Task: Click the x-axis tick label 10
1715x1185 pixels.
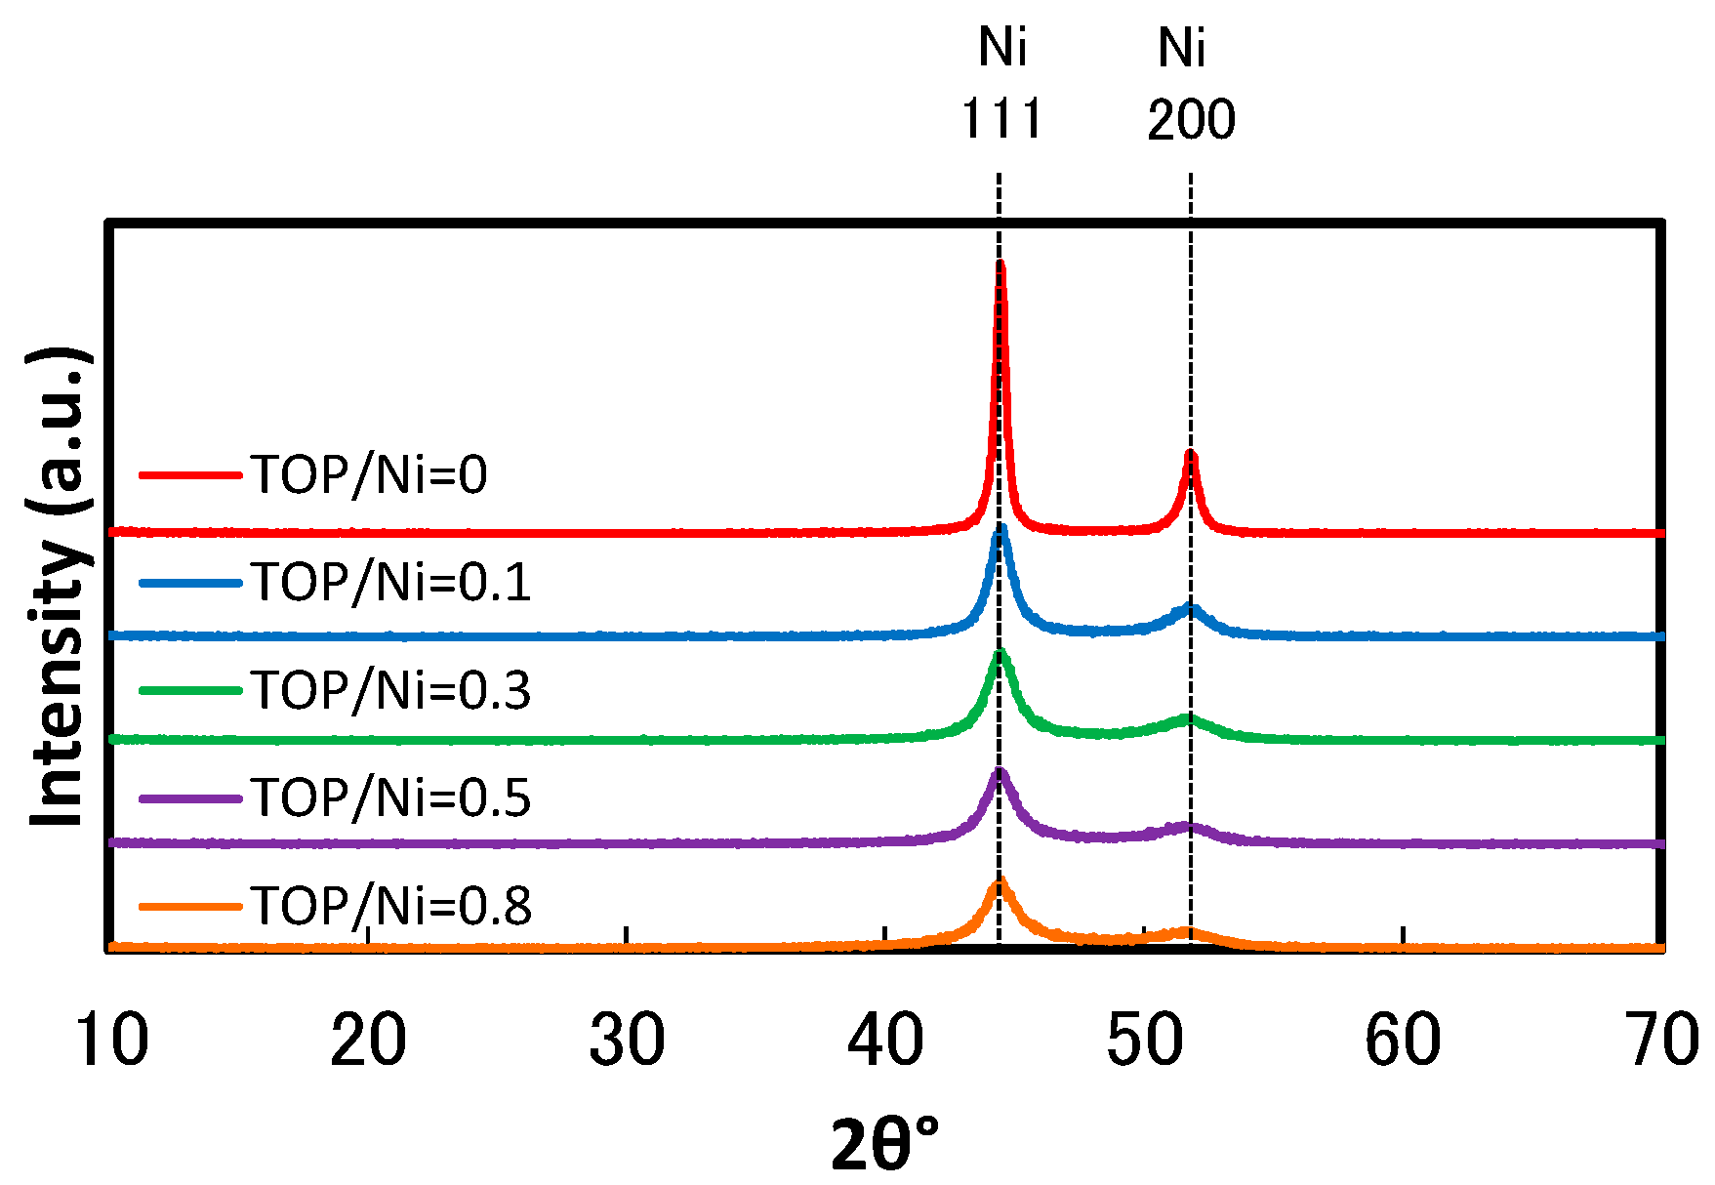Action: (111, 1040)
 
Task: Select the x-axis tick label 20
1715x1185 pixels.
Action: (368, 1040)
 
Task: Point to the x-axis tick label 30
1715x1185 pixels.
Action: (627, 1040)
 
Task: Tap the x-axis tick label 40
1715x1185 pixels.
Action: (885, 1040)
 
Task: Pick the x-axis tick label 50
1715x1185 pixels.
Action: (1144, 1040)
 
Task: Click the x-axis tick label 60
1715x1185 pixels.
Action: (1403, 1040)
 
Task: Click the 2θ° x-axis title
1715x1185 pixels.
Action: (884, 1143)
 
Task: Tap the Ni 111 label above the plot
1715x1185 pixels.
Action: (1002, 83)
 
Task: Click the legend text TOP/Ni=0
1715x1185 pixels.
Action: (370, 475)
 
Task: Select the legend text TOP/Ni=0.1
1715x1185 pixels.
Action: (391, 583)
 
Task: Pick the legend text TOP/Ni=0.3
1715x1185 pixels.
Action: (391, 690)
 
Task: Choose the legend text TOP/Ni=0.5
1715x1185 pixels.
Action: (391, 797)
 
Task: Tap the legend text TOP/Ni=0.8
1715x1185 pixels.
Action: (391, 905)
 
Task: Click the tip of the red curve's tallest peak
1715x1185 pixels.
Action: (1000, 264)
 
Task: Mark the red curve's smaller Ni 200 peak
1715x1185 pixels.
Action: (1190, 454)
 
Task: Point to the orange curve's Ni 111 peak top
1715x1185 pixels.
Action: (1000, 881)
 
